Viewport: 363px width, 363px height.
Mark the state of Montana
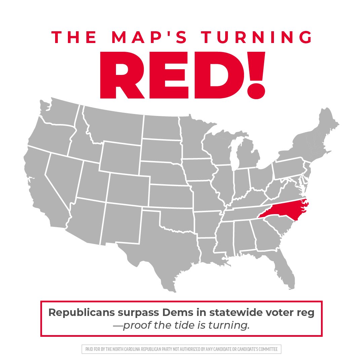113,126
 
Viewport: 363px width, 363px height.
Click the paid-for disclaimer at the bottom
181,349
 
